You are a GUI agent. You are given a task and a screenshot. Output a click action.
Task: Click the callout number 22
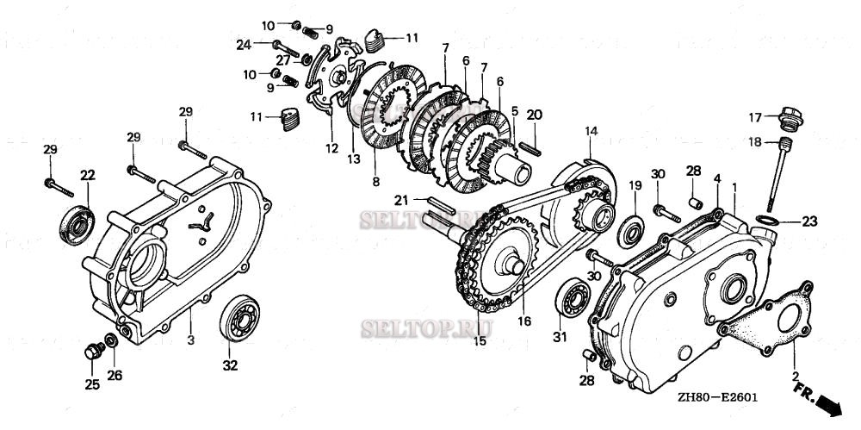click(87, 175)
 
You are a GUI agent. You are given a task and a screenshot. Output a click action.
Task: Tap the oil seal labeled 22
click(75, 221)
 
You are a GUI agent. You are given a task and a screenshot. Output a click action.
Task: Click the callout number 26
click(115, 375)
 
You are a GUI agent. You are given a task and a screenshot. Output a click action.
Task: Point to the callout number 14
click(592, 131)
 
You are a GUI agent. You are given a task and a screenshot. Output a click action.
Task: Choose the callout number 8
click(375, 182)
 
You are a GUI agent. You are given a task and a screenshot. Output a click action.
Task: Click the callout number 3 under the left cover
click(191, 340)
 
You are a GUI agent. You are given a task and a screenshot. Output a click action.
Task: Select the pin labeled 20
click(534, 137)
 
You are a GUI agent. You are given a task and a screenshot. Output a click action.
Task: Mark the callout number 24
click(244, 44)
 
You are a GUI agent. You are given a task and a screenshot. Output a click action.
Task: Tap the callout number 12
click(331, 148)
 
